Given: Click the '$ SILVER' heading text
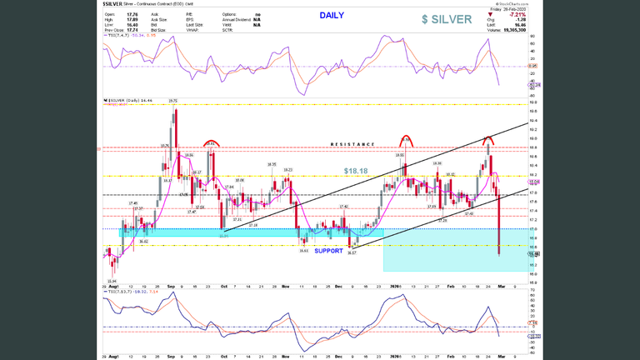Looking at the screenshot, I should [447, 19].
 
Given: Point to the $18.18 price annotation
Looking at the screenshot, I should [356, 171].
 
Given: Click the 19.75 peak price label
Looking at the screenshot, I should [172, 101].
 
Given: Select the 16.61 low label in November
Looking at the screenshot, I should [303, 250].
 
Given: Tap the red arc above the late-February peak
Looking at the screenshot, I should [488, 138].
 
